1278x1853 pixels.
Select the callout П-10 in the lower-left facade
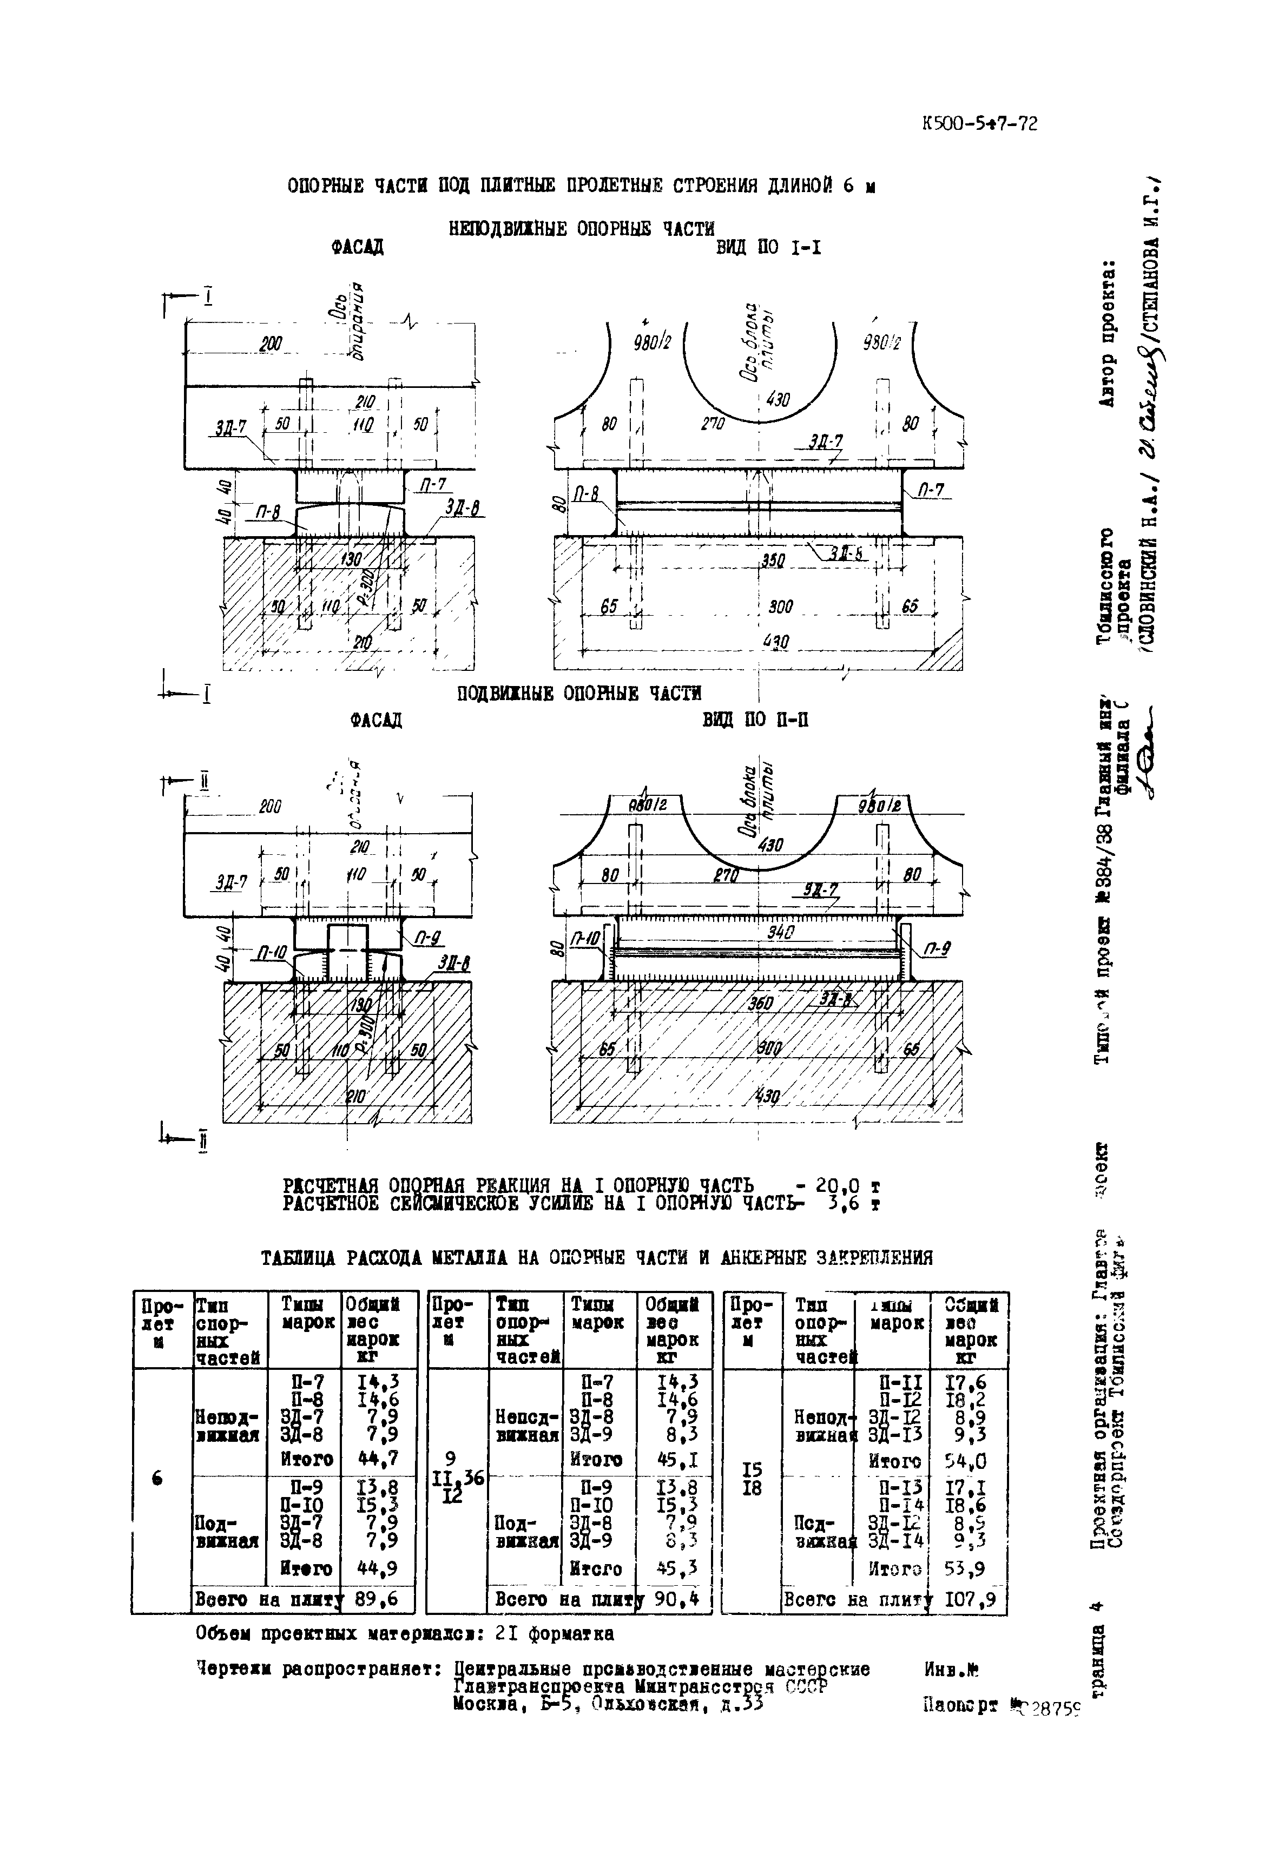pyautogui.click(x=272, y=952)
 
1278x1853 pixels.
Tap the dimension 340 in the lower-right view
pyautogui.click(x=779, y=932)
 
